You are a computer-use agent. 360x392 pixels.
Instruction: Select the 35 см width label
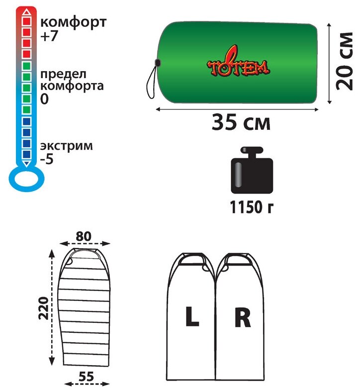(241, 122)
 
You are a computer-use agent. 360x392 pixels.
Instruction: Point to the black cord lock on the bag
(157, 63)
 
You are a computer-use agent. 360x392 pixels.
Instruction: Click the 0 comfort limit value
(44, 99)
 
